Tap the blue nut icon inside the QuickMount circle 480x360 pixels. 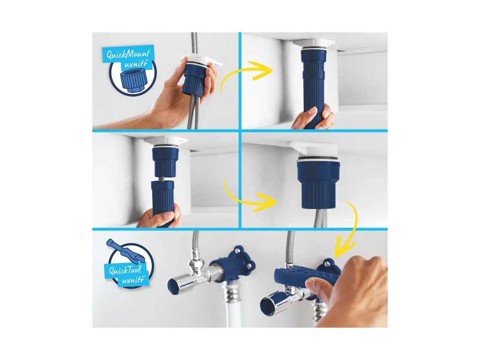click(x=134, y=81)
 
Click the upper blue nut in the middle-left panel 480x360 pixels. click(x=164, y=162)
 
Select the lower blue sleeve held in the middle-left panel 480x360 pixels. click(x=163, y=202)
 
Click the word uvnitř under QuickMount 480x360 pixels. click(x=135, y=65)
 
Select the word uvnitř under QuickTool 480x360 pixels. click(x=132, y=280)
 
